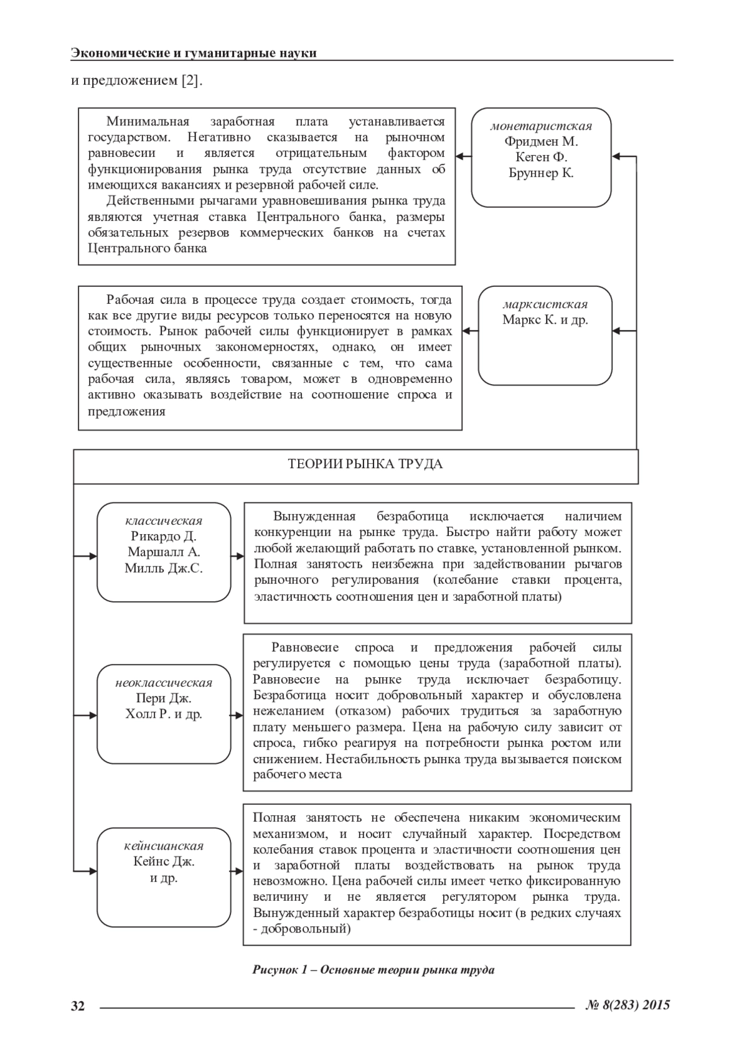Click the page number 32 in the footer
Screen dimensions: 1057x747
pyautogui.click(x=78, y=1005)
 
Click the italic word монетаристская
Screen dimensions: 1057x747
pyautogui.click(x=541, y=126)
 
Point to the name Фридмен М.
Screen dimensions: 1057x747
pyautogui.click(x=541, y=141)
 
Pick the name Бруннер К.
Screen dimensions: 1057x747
pyautogui.click(x=541, y=173)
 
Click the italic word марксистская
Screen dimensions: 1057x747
pyautogui.click(x=545, y=304)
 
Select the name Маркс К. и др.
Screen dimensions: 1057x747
pyautogui.click(x=545, y=321)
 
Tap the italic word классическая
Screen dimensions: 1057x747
pyautogui.click(x=164, y=520)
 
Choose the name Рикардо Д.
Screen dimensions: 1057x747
pyautogui.click(x=164, y=536)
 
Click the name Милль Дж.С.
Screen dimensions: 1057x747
pyautogui.click(x=164, y=568)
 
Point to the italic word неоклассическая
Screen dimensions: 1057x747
pyautogui.click(x=164, y=682)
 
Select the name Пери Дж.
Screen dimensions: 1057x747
pyautogui.click(x=164, y=698)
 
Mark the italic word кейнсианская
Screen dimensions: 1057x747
pyautogui.click(x=164, y=846)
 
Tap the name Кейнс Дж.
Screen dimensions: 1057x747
pyautogui.click(x=164, y=862)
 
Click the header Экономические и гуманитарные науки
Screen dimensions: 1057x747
pyautogui.click(x=194, y=53)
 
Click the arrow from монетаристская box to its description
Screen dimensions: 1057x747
pyautogui.click(x=463, y=156)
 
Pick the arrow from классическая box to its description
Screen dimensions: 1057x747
pyautogui.click(x=237, y=556)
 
